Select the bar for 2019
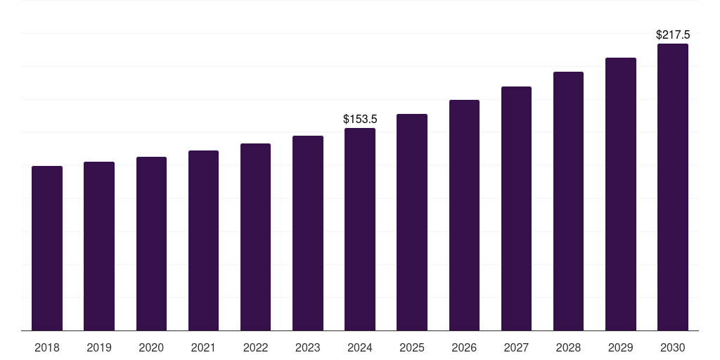coord(99,246)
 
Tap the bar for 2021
coord(203,240)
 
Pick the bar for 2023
coord(308,233)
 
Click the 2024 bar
coord(360,229)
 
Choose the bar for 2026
coord(464,215)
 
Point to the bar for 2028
coord(568,201)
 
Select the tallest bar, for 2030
coord(673,187)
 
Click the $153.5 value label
coord(360,120)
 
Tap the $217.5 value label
coord(673,34)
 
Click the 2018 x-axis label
coord(47,347)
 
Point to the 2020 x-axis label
coord(151,347)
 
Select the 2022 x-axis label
coord(255,347)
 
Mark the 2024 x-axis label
coord(360,347)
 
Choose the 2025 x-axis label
coord(412,347)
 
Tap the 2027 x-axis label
coord(516,347)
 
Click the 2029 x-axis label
coord(620,347)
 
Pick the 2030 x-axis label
coord(673,347)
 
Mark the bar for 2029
coord(620,194)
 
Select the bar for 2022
coord(255,237)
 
